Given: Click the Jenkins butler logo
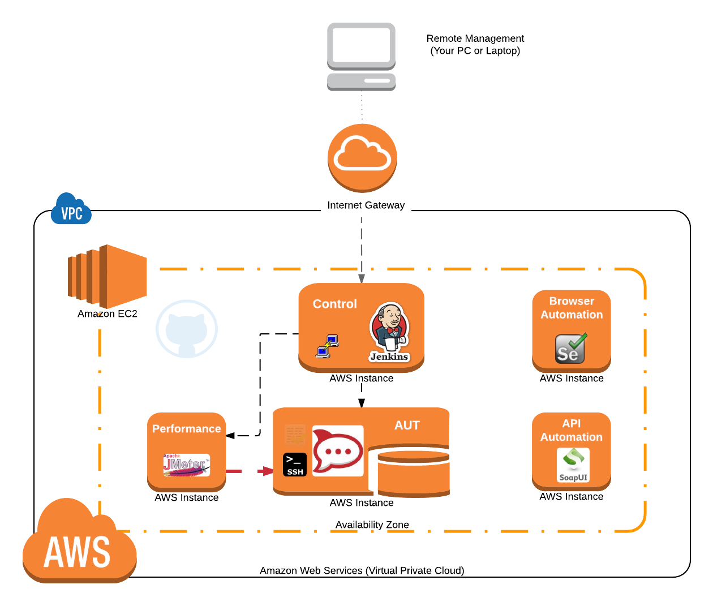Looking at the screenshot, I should click(389, 331).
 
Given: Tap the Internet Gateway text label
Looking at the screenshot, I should click(366, 205).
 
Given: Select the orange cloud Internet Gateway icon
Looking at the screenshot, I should click(362, 156).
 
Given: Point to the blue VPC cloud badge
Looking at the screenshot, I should click(71, 210).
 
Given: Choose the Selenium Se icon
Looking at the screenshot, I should click(570, 349).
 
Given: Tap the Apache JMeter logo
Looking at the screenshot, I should click(186, 465).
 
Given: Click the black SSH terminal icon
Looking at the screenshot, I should click(295, 465).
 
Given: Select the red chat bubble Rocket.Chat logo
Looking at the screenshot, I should click(338, 450).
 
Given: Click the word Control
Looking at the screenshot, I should click(335, 304).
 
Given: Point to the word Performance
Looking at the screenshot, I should click(187, 429).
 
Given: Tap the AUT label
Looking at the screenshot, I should click(407, 426).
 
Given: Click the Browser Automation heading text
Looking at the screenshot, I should click(572, 308).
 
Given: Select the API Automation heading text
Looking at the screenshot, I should click(572, 430).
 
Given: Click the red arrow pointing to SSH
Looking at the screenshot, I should click(264, 471).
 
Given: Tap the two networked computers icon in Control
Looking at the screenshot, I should click(327, 346).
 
